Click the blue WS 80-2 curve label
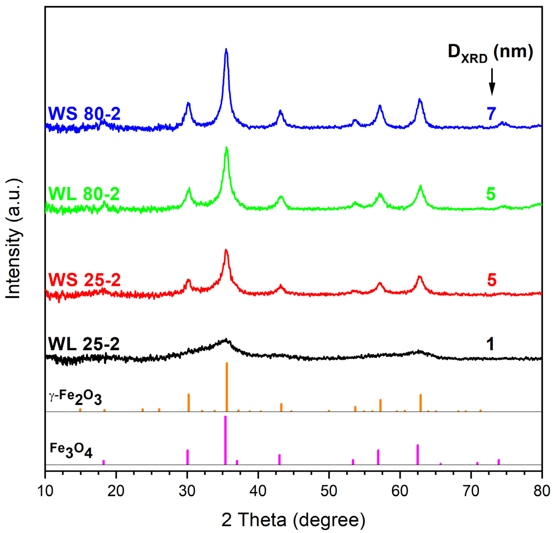[x=84, y=114]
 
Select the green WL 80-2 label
[x=84, y=194]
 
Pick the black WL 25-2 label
[x=84, y=344]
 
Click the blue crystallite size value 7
[x=491, y=114]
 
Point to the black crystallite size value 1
[x=491, y=344]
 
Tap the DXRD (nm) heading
[x=490, y=53]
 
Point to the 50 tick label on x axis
[x=329, y=491]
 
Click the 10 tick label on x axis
[x=45, y=491]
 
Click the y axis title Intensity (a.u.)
[x=13, y=238]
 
